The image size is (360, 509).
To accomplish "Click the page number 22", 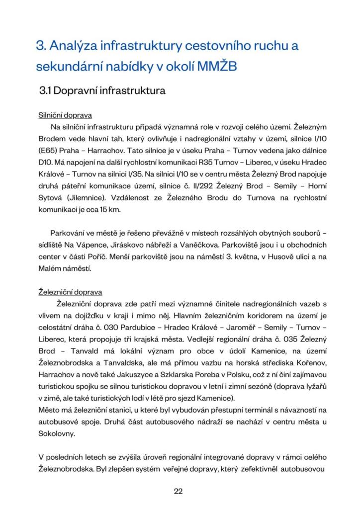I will (179, 492).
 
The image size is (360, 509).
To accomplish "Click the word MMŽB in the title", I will (217, 66).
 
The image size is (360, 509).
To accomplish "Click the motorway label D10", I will (45, 162).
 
